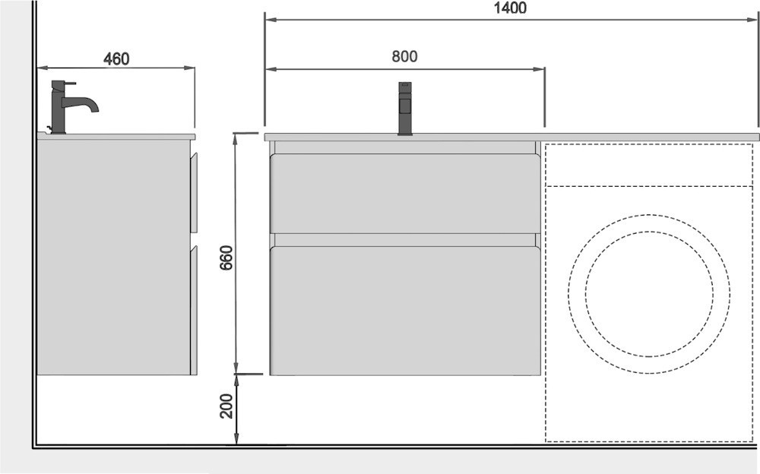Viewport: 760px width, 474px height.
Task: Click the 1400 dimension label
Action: [x=510, y=8]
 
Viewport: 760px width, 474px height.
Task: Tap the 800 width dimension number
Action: [x=404, y=57]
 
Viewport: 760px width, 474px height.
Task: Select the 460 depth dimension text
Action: [x=116, y=59]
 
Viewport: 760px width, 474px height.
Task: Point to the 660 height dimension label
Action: [x=226, y=258]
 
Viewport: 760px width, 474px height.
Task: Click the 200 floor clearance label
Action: [x=226, y=406]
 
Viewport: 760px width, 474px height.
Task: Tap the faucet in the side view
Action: [x=73, y=107]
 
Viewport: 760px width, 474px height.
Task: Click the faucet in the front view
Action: [x=405, y=109]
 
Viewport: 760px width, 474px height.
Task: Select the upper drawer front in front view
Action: [x=405, y=194]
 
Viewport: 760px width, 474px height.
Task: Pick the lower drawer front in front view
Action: [x=405, y=311]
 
